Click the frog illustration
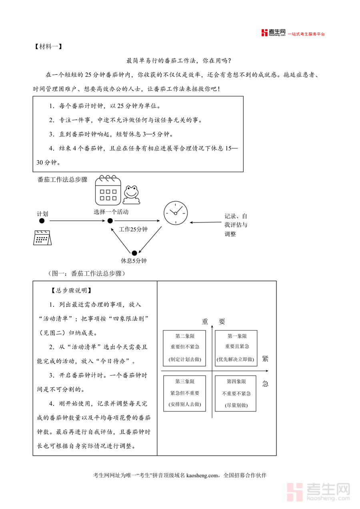tap(131, 193)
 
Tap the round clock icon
tap(175, 213)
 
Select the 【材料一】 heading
tap(48, 46)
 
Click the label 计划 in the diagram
tap(42, 214)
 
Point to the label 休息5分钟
tap(134, 261)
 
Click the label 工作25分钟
tap(134, 229)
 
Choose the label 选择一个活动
tap(111, 212)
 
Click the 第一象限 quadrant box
tap(236, 348)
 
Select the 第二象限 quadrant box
tap(184, 348)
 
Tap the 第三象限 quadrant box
tap(184, 393)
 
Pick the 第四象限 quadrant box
tap(236, 393)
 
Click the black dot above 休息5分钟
tap(134, 253)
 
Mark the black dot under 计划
tap(42, 220)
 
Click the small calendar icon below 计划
tap(42, 238)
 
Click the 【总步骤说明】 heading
tap(72, 291)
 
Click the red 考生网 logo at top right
tap(274, 33)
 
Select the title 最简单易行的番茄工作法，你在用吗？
tap(179, 61)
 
